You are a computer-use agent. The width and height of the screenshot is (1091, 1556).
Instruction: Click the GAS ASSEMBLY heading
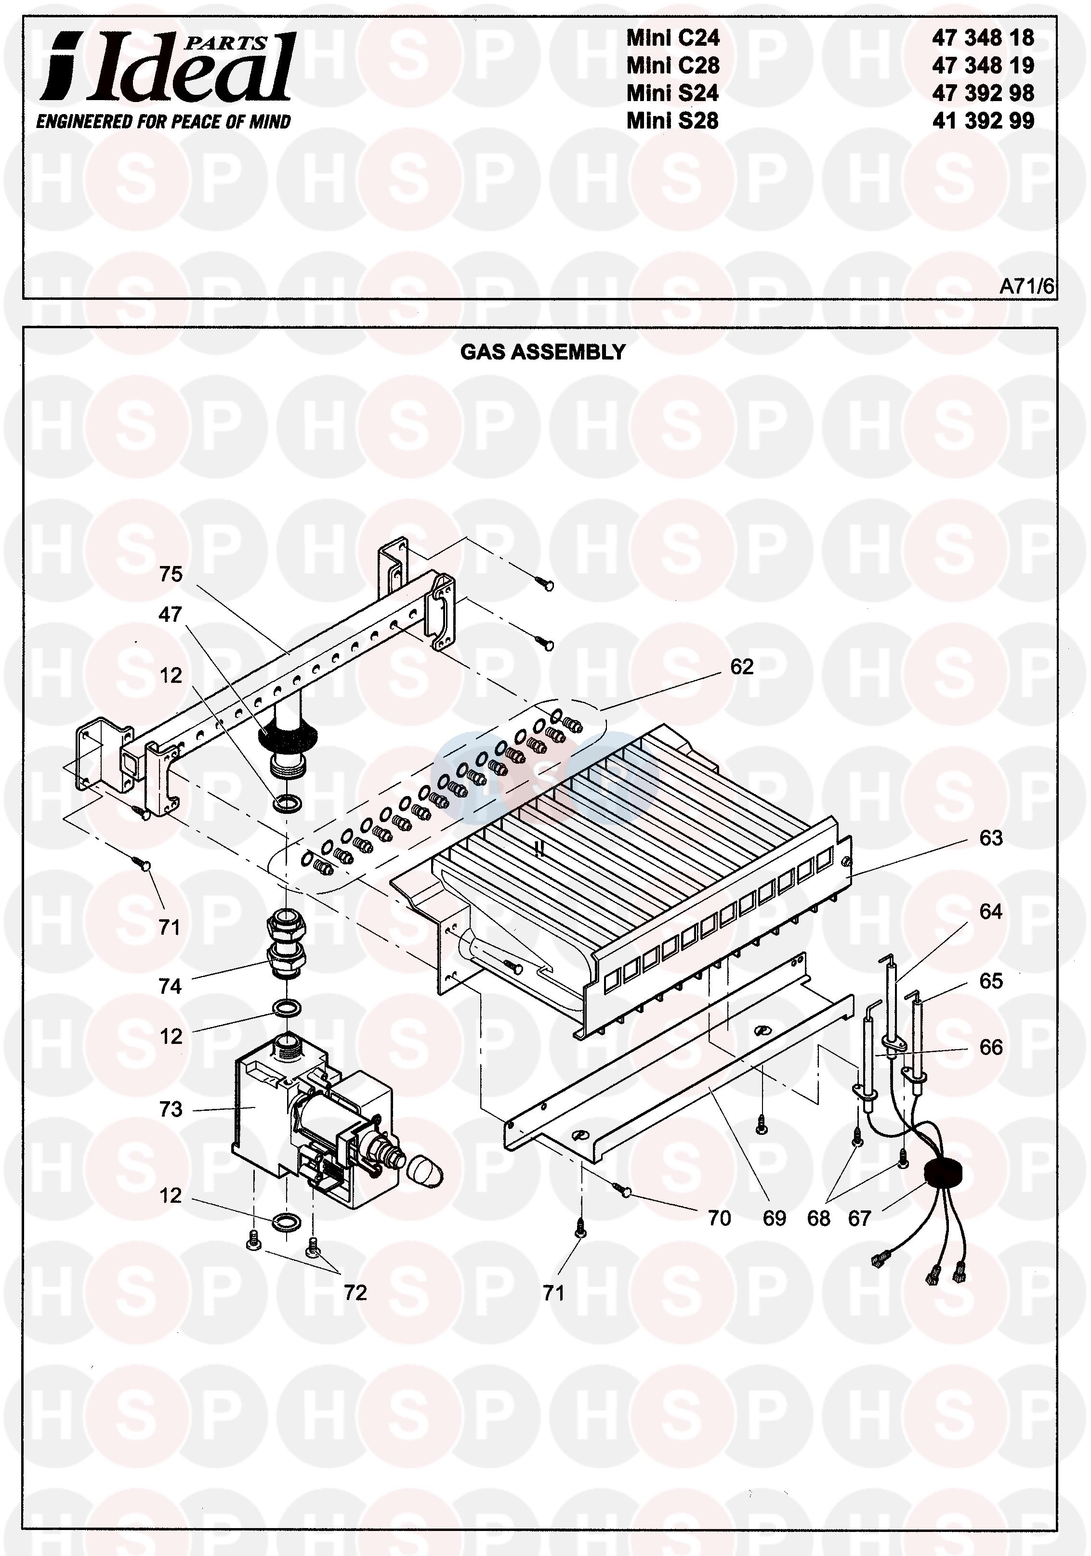(542, 352)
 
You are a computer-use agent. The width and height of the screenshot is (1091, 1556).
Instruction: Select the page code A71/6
(1026, 287)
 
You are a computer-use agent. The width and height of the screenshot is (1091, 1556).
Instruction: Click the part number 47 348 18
(983, 38)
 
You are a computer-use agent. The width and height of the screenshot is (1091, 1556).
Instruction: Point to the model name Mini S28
(672, 121)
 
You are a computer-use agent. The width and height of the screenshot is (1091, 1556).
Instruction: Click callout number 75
(171, 574)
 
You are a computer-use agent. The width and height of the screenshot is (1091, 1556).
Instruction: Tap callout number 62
(742, 667)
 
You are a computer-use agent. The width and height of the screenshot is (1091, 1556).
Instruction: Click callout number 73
(171, 1109)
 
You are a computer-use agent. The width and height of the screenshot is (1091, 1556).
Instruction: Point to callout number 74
(171, 986)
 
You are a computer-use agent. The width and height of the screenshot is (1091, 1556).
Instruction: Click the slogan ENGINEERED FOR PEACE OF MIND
(163, 122)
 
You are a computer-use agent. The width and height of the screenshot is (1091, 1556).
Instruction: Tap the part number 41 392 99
(983, 121)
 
